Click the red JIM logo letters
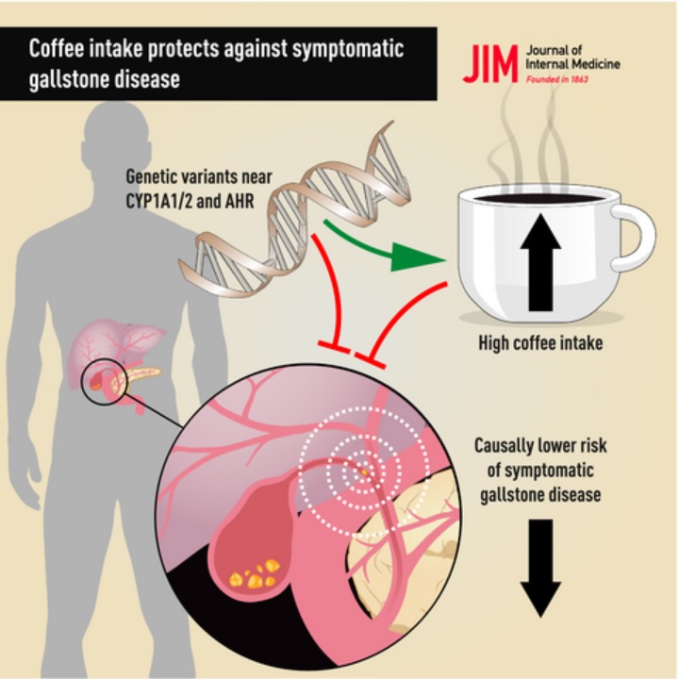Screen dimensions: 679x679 [x=490, y=63]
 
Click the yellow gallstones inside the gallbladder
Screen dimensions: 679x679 [x=254, y=572]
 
